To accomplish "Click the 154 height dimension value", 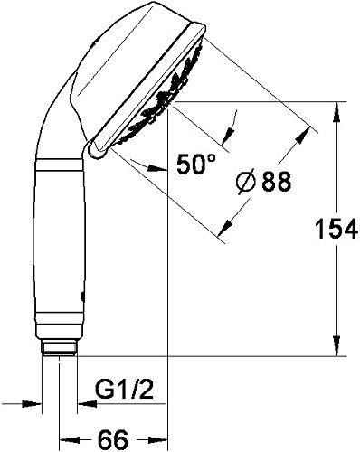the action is point(336,229).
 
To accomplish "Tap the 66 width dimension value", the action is point(113,439).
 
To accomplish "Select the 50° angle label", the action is point(196,165).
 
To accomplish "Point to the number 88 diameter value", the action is point(276,182).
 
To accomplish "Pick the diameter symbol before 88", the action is point(245,182).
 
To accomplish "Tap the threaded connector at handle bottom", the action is point(59,348).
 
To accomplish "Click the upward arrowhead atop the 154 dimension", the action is point(336,112).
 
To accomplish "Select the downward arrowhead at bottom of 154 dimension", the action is point(336,346).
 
